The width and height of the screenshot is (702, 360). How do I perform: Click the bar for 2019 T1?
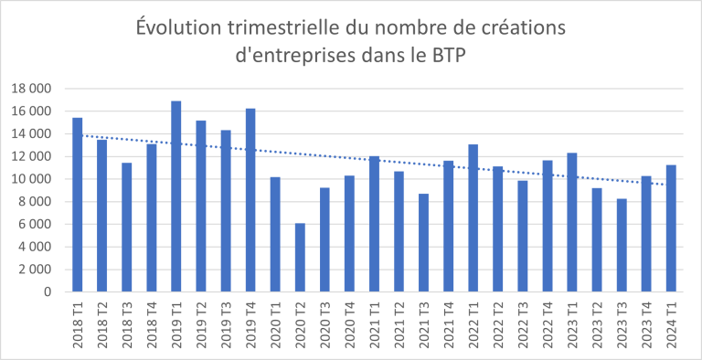(x=176, y=196)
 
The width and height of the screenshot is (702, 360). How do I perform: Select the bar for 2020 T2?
(x=300, y=258)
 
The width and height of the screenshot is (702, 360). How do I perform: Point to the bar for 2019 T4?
(x=250, y=200)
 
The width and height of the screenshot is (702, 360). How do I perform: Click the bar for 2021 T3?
(x=423, y=242)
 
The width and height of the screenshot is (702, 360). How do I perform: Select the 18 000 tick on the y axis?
(x=33, y=89)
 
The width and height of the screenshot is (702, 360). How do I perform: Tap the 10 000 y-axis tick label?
(x=33, y=179)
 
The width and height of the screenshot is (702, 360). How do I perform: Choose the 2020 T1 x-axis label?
(x=275, y=324)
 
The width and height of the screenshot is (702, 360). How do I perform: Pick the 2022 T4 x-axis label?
(x=547, y=324)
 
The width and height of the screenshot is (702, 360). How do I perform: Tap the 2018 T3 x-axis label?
(x=127, y=324)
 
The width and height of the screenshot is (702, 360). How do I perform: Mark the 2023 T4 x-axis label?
(x=645, y=324)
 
